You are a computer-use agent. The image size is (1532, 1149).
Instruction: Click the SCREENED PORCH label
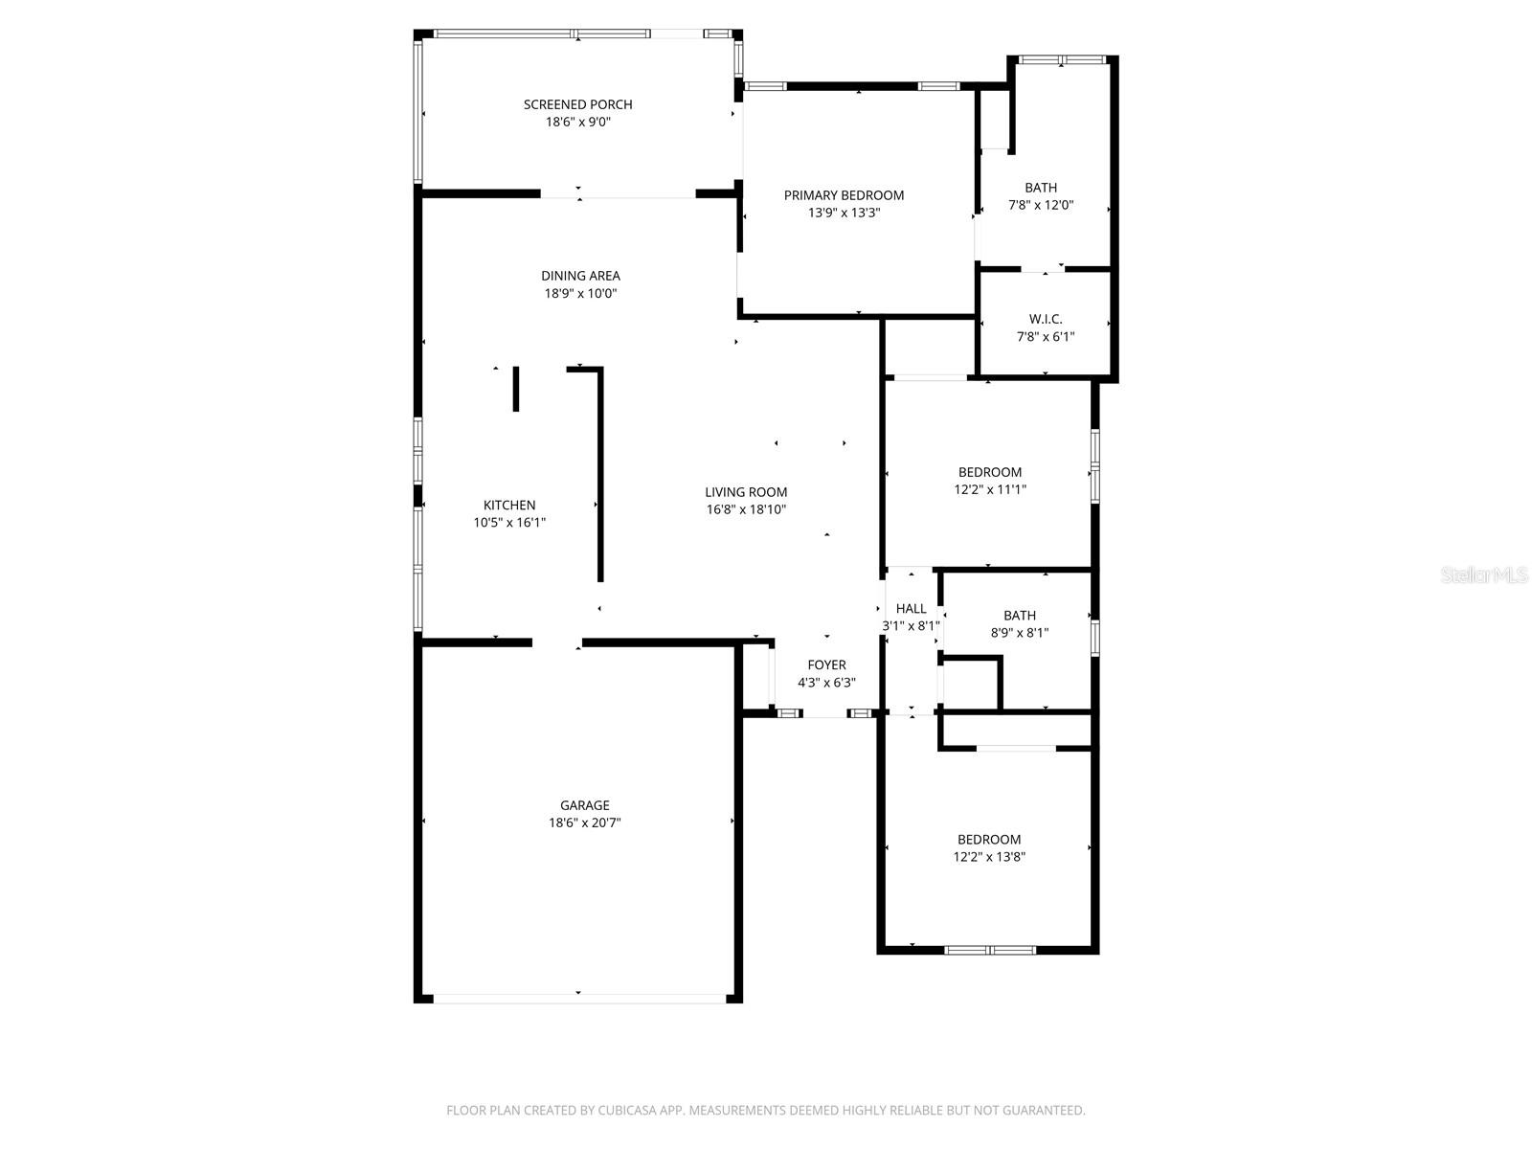point(577,104)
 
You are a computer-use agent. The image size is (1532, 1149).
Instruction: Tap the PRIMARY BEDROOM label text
point(844,195)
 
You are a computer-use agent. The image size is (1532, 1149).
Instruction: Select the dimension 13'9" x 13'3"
point(844,213)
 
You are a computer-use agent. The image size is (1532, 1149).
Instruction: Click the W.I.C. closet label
point(1046,319)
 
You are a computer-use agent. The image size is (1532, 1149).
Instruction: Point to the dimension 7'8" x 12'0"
point(1041,205)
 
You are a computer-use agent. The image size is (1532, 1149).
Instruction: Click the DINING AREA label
point(580,276)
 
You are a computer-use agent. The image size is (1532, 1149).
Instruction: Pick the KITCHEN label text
point(509,505)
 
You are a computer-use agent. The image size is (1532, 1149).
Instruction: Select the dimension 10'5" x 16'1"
point(509,523)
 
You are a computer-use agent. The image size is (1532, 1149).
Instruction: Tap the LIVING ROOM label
point(746,492)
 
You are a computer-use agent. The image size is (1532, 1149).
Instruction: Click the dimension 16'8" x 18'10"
point(746,509)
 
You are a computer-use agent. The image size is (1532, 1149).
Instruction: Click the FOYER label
point(826,665)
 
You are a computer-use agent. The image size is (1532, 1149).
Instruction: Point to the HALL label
point(911,608)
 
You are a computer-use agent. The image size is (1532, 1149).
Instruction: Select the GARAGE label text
point(584,805)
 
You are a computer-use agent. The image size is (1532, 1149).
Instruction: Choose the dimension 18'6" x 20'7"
point(584,822)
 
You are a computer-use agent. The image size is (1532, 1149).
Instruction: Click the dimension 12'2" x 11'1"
point(990,489)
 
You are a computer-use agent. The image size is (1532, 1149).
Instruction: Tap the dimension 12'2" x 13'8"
point(989,857)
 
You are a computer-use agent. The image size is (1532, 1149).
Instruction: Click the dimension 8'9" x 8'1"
point(1020,633)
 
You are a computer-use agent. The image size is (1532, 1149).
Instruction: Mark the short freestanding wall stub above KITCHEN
point(516,389)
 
